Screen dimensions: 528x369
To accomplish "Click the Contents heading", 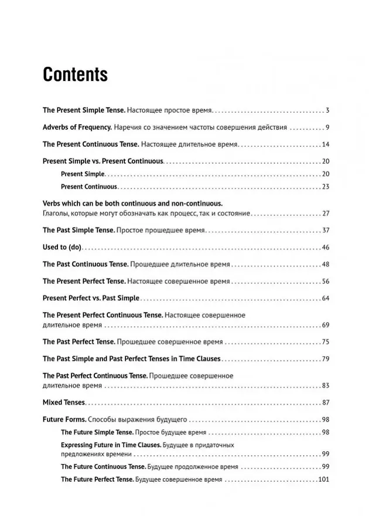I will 76,75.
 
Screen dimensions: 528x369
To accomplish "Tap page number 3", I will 328,110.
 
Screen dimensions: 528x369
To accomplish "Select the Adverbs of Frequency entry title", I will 77,127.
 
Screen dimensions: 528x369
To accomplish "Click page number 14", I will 326,144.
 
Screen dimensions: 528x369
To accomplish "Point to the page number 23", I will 326,187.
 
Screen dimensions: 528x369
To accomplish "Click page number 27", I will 326,213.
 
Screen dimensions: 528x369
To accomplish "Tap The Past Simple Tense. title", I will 78,231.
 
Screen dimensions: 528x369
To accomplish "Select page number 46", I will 326,248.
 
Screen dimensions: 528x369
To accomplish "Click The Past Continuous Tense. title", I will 84,265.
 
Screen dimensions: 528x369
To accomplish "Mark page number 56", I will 326,282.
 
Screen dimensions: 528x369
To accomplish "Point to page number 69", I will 326,324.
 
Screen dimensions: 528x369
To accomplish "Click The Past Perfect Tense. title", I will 78,341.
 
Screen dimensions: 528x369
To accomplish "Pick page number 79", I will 326,358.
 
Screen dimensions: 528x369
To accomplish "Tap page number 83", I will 326,385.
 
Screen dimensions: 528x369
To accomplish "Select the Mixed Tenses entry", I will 64,402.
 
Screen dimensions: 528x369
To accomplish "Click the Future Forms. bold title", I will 65,419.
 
